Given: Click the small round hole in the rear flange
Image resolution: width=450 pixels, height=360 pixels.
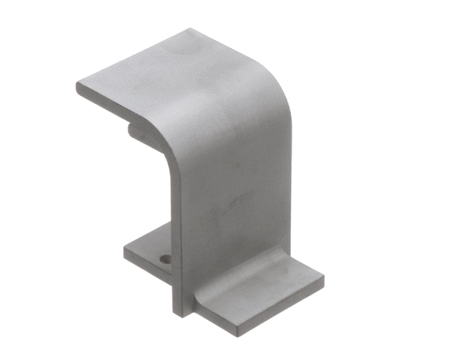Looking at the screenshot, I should [165, 259].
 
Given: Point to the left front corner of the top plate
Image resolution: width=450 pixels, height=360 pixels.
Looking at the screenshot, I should [78, 85].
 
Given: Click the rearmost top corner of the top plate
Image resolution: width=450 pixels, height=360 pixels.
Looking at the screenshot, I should [190, 30].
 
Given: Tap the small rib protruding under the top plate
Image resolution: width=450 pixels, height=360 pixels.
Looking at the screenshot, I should [135, 130].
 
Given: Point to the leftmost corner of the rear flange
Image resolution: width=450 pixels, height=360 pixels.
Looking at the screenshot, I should [125, 247].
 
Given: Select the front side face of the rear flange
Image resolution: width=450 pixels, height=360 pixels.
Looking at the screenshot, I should [146, 264].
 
